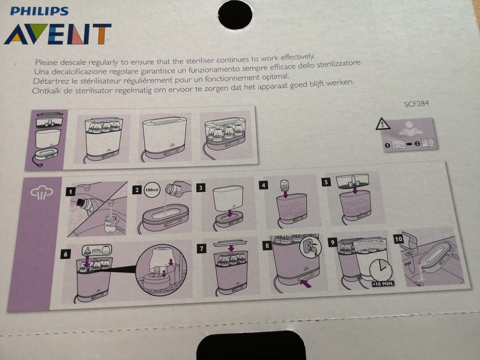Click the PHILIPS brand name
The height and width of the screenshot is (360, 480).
tap(39, 11)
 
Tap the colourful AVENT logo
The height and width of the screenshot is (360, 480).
tap(57, 34)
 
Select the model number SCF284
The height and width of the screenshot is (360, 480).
tap(416, 104)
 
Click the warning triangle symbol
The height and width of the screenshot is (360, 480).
tap(382, 124)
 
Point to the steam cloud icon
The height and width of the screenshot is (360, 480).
tap(41, 192)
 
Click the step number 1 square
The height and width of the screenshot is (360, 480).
tap(70, 192)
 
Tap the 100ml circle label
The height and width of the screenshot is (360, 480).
tap(152, 190)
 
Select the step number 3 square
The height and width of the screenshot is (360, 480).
tap(201, 187)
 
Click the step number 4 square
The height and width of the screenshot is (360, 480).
tap(263, 185)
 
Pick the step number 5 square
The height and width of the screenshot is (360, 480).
tap(326, 182)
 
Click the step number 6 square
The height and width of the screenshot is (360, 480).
tap(65, 253)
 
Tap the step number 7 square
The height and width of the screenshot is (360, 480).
tap(201, 248)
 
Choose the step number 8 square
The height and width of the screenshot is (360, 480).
tap(267, 245)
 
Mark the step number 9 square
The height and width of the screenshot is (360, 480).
tap(332, 242)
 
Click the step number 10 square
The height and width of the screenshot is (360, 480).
tap(398, 239)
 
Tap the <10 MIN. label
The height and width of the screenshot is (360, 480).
tap(383, 283)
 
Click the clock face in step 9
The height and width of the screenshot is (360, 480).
tap(381, 270)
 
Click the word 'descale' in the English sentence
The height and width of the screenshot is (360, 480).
tap(73, 62)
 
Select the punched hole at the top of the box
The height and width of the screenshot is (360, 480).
tap(235, 14)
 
